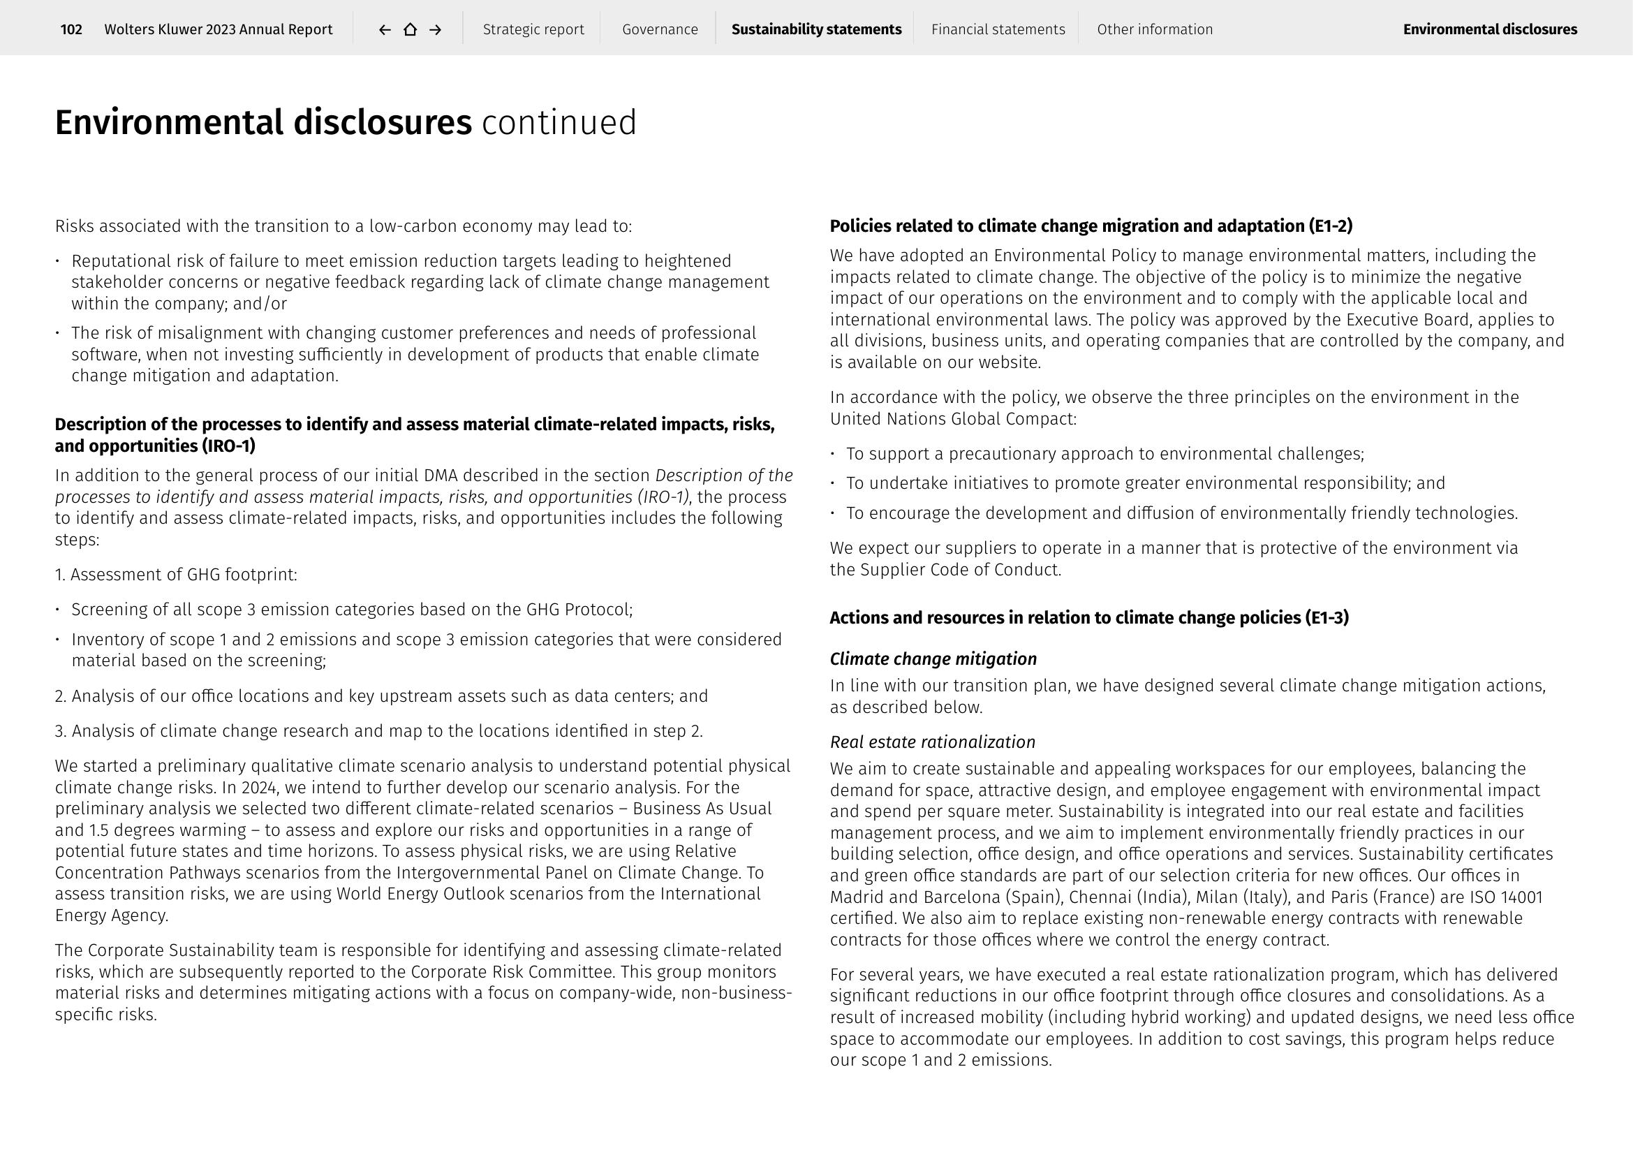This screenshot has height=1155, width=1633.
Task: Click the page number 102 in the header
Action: [x=71, y=29]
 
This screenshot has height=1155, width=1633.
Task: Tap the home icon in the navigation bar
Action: [x=411, y=29]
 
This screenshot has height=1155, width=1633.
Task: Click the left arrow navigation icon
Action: [x=385, y=29]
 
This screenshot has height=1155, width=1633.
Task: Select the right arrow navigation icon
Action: [x=436, y=29]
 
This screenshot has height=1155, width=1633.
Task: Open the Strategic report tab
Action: [x=533, y=29]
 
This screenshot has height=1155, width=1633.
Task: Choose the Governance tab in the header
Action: [x=660, y=29]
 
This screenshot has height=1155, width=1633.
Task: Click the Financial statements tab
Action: [x=998, y=29]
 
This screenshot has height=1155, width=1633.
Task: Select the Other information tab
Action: [x=1154, y=29]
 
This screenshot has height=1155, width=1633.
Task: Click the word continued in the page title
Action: [x=559, y=122]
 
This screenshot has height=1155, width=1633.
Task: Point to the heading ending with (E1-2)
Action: [x=1091, y=226]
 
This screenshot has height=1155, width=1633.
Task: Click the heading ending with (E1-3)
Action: [x=1089, y=617]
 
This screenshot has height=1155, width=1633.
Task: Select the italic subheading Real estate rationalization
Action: [x=933, y=742]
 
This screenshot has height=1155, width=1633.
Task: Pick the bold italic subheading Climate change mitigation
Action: [x=933, y=659]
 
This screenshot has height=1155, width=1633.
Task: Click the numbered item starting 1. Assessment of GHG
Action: [x=176, y=575]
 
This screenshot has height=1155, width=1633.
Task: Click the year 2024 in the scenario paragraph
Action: [x=259, y=787]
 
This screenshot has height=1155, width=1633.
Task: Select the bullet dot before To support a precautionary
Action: [x=833, y=454]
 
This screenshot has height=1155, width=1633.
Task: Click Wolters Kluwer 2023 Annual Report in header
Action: [x=219, y=29]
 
